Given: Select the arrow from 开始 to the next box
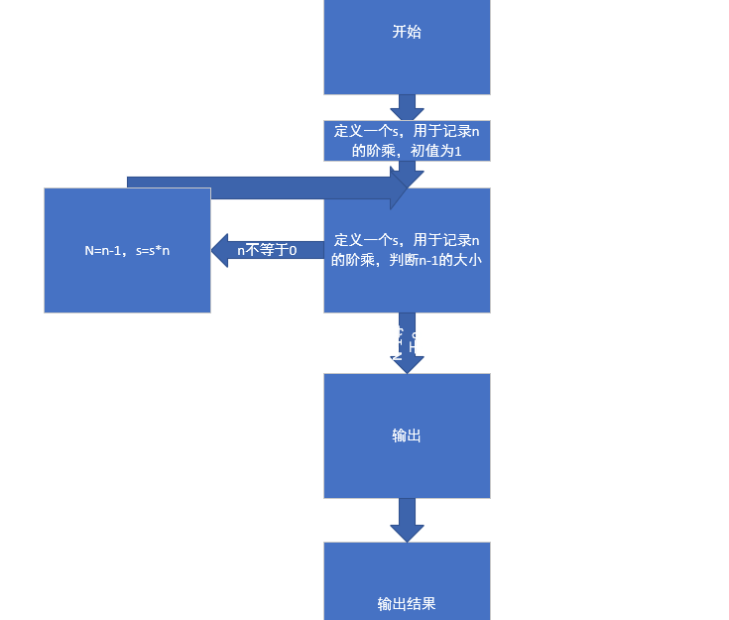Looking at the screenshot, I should point(407,106).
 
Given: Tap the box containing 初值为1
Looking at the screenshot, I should point(407,140).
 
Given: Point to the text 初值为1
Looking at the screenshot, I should point(437,151).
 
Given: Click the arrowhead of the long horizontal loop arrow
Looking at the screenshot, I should point(401,187).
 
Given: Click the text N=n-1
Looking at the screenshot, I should point(103,251).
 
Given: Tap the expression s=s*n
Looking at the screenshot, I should point(153,251).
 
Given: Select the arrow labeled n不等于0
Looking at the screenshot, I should point(267,250).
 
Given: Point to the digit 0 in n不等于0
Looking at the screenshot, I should point(293,251).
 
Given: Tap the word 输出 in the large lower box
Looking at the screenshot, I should point(407,435).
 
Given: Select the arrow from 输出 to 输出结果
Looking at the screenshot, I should point(407,519).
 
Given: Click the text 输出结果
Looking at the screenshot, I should point(407,603).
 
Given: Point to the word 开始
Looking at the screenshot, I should point(407,32).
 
